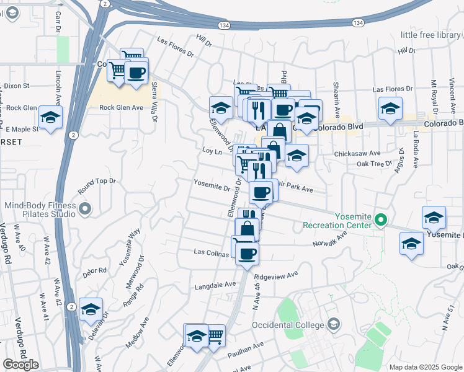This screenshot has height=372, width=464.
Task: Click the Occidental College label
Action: pos(288,325)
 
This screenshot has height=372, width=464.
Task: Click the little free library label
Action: pos(431,35)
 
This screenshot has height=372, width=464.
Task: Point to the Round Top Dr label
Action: pos(97,181)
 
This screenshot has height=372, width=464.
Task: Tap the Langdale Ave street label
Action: pos(215,284)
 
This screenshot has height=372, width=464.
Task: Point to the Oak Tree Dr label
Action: pos(374,164)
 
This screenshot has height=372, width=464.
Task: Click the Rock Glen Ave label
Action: pos(122,107)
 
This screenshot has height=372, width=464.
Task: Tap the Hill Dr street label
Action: pos(203,42)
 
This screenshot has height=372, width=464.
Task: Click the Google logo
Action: pos(20,365)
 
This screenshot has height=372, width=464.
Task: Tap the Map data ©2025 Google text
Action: pos(426,367)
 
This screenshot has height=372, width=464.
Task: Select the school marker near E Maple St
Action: pos(50,117)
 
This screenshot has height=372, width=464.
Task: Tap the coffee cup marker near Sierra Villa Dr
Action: pos(136,73)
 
